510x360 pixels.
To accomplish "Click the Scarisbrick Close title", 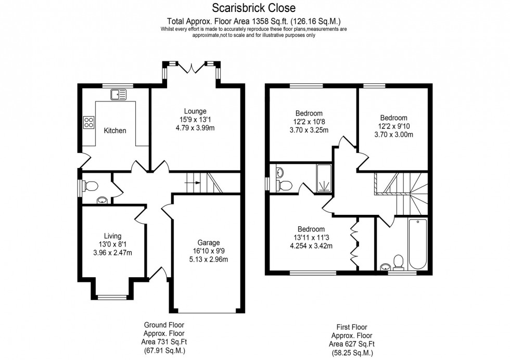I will click(x=253, y=8).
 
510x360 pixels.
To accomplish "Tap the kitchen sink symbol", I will click(x=118, y=94).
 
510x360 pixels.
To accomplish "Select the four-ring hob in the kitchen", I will click(x=89, y=122).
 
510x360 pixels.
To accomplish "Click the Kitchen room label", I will click(x=114, y=131).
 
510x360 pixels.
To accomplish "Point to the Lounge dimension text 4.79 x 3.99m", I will click(x=195, y=128).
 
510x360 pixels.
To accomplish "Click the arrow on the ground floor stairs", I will click(x=193, y=183).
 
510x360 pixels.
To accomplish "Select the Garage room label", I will click(x=208, y=242).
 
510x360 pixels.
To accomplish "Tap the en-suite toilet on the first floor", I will click(x=285, y=185).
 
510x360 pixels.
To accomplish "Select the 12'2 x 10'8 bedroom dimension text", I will click(x=309, y=122).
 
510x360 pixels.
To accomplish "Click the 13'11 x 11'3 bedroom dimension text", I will click(x=311, y=238).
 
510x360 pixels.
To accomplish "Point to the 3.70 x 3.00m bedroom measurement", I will click(x=393, y=135).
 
